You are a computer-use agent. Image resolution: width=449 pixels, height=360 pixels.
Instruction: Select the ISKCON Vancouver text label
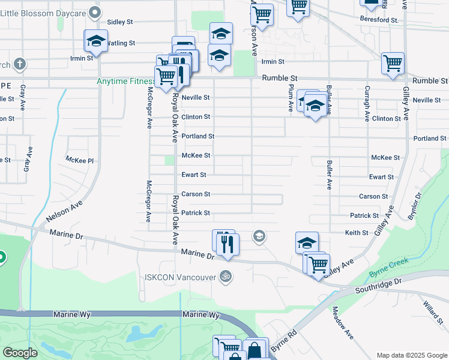tap(180, 277)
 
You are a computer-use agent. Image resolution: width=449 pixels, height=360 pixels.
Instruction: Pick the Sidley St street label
tap(120, 22)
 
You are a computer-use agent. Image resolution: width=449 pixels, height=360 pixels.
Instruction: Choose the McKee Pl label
tap(80, 160)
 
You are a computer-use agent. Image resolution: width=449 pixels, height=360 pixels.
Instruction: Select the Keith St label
tap(356, 232)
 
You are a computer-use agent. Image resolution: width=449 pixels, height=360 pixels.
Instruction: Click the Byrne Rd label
tap(283, 341)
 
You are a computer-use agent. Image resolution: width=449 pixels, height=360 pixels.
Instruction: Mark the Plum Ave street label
tap(291, 97)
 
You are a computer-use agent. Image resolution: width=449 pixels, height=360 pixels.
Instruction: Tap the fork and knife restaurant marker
tap(228, 245)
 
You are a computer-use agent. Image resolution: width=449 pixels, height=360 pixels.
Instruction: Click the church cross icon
tap(19, 64)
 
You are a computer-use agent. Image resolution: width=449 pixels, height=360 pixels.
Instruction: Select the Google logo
tap(20, 352)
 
